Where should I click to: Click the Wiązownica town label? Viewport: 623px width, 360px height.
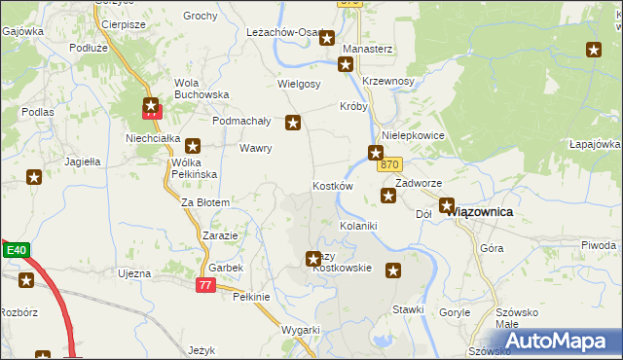click(494, 211)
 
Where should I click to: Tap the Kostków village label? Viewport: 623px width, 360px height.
click(332, 185)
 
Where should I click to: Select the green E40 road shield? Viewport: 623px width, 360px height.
click(15, 250)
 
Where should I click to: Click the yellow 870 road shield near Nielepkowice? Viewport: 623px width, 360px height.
click(390, 165)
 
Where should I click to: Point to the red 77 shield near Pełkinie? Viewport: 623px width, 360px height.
click(204, 284)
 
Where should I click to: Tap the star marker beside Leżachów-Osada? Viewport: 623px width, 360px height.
click(327, 39)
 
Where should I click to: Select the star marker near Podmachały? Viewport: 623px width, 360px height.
click(292, 124)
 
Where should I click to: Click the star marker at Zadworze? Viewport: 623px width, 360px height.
click(388, 197)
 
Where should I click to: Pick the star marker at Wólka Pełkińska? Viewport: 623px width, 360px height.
click(193, 145)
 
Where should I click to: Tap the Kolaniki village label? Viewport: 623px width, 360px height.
click(357, 225)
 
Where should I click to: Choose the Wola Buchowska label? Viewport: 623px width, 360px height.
click(201, 89)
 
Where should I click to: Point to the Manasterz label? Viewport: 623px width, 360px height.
click(368, 48)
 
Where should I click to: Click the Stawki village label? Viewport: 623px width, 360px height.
click(409, 309)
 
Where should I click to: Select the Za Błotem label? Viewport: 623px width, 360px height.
click(205, 202)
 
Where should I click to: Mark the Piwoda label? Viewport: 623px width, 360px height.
click(599, 245)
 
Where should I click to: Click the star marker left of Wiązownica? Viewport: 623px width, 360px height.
click(447, 206)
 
